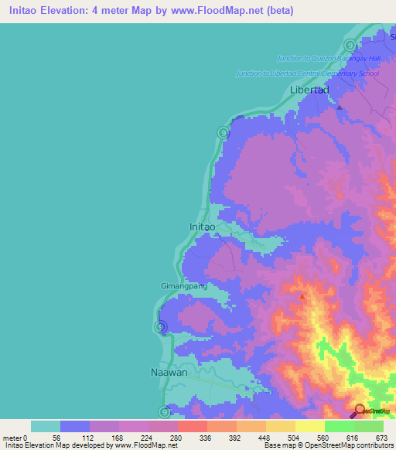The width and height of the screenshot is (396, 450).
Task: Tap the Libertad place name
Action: pyautogui.click(x=309, y=90)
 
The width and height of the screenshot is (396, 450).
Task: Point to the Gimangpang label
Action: pyautogui.click(x=183, y=286)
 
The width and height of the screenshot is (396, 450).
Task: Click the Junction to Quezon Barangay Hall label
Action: pyautogui.click(x=329, y=58)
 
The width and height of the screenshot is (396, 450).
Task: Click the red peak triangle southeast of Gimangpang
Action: pyautogui.click(x=302, y=296)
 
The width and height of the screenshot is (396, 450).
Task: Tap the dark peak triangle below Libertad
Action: pyautogui.click(x=339, y=107)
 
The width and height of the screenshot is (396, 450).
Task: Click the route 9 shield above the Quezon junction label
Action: pyautogui.click(x=350, y=45)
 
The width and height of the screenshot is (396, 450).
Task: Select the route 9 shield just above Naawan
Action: pyautogui.click(x=161, y=327)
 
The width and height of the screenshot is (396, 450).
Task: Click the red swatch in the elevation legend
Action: pyautogui.click(x=192, y=426)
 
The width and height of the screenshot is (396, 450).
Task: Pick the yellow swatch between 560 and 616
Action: pyautogui.click(x=309, y=426)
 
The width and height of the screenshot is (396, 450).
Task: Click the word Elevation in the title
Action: pyautogui.click(x=68, y=12)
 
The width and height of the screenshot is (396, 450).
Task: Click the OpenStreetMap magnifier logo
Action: pyautogui.click(x=359, y=411)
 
